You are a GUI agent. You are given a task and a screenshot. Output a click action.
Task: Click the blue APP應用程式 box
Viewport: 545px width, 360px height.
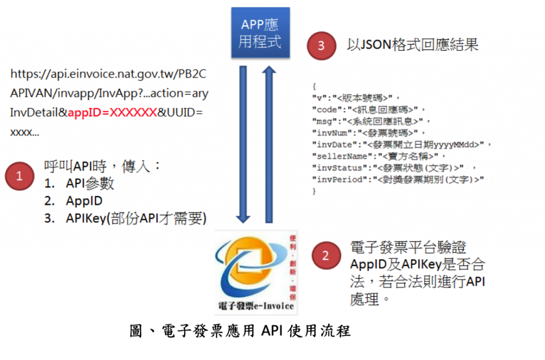260,33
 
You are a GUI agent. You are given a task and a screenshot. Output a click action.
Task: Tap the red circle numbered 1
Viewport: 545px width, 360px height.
20,176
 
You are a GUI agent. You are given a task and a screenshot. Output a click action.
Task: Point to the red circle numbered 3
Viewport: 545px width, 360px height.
320,45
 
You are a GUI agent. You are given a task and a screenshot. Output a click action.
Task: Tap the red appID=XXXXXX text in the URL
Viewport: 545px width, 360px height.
112,113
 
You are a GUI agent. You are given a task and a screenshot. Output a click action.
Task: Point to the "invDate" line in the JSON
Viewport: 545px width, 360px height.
402,144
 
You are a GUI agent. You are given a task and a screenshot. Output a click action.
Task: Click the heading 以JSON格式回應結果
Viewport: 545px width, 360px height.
412,44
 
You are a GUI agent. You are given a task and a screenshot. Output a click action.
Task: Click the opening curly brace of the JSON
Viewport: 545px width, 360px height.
315,86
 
